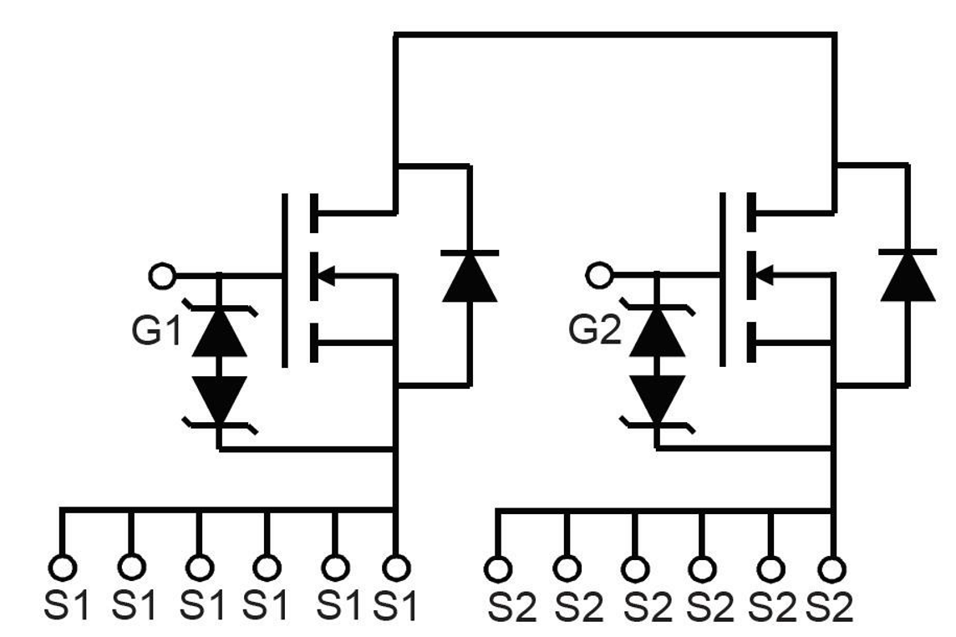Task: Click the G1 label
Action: click(155, 331)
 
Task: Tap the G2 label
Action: click(594, 331)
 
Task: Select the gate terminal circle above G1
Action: click(161, 274)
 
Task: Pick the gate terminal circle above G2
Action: click(598, 274)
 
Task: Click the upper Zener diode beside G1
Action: click(219, 333)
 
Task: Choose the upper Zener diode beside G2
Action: click(657, 333)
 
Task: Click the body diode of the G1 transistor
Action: click(470, 276)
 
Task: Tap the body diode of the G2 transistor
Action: click(908, 276)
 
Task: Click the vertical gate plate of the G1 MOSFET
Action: click(286, 280)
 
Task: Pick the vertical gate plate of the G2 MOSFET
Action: click(723, 280)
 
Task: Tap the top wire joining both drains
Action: click(615, 34)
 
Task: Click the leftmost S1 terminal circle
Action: click(62, 568)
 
